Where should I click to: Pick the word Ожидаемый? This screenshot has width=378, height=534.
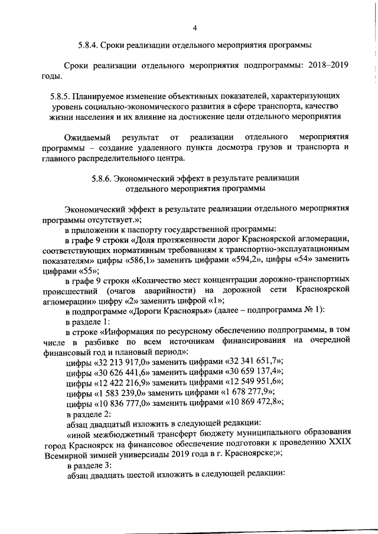point(87,137)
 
